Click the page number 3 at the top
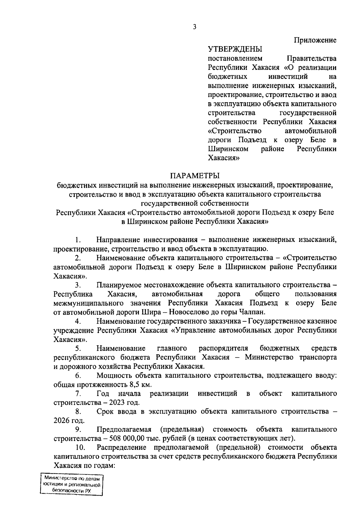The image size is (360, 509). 195,27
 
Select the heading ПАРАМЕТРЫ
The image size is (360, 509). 195,176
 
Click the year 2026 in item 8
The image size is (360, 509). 62,421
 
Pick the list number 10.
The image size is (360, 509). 80,448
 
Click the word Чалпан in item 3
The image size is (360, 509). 252,312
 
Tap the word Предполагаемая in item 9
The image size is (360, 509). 124,430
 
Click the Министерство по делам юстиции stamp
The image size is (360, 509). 71,485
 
